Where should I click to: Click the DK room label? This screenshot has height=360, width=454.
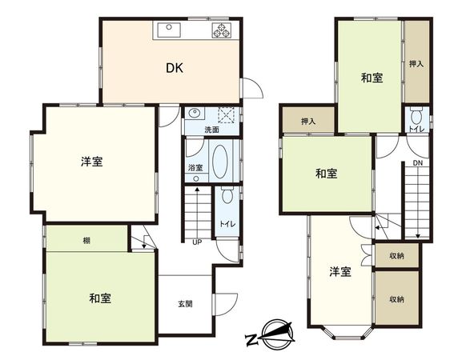pyautogui.click(x=175, y=69)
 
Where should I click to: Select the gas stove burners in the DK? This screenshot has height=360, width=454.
pyautogui.click(x=221, y=31)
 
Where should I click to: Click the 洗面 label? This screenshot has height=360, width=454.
pyautogui.click(x=211, y=129)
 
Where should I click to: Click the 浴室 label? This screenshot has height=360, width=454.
pyautogui.click(x=195, y=168)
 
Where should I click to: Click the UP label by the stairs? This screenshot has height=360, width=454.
pyautogui.click(x=196, y=242)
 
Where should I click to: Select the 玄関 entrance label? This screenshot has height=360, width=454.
pyautogui.click(x=185, y=304)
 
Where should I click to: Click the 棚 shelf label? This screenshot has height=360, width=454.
pyautogui.click(x=86, y=239)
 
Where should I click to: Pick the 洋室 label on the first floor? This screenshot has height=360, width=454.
pyautogui.click(x=90, y=162)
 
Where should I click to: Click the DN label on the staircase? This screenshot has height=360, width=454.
pyautogui.click(x=418, y=164)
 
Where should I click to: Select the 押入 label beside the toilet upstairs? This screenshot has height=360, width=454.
pyautogui.click(x=415, y=62)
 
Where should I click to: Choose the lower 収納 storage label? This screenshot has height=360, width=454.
pyautogui.click(x=397, y=299)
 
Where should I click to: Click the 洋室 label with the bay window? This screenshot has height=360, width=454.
pyautogui.click(x=340, y=272)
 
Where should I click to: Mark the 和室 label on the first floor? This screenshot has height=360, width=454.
pyautogui.click(x=100, y=298)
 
